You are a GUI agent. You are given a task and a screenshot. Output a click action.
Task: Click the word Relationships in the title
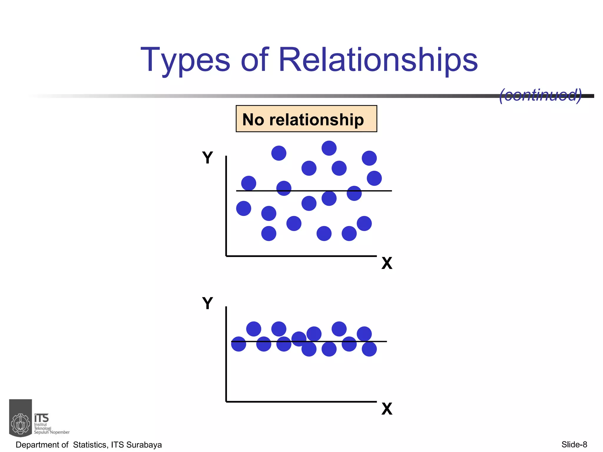[378, 60]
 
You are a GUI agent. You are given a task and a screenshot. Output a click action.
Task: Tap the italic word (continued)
[541, 95]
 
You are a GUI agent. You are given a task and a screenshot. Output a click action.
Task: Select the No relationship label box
[306, 119]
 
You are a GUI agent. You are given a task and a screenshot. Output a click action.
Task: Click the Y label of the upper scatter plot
[207, 158]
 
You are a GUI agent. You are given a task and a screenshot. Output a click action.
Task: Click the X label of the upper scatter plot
[387, 263]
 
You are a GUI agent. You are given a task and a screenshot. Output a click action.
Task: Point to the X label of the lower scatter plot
[387, 409]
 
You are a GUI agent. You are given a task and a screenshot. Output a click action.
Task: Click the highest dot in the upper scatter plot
[329, 148]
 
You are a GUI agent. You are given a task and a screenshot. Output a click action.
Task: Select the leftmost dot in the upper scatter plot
[243, 209]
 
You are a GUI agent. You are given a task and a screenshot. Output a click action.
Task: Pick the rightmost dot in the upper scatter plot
[374, 178]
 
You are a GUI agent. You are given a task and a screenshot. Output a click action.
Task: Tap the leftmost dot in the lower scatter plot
[238, 344]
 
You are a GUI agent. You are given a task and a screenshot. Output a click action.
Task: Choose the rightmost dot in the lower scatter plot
[369, 349]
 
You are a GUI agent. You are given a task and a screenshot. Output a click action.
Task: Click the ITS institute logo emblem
[21, 418]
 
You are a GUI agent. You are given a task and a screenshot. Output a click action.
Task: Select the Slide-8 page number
[574, 444]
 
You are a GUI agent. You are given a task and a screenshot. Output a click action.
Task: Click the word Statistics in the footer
[91, 445]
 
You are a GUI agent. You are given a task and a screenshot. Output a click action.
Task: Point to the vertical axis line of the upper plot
[226, 206]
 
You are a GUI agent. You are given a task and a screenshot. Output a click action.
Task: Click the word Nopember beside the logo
[60, 432]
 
